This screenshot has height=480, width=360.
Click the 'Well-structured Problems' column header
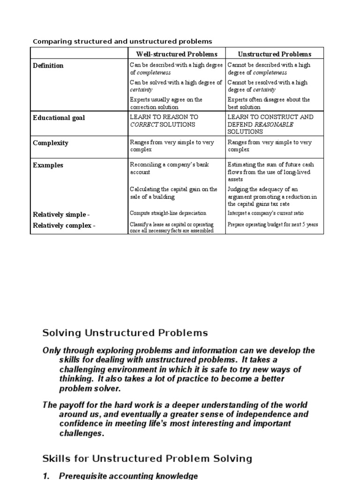coord(177,54)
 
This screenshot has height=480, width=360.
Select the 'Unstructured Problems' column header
coord(274,54)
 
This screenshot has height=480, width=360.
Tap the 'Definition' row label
coord(48,66)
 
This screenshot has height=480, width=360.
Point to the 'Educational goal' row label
coord(59,118)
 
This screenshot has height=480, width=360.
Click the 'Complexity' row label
coord(50,143)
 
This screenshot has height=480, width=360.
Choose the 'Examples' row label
coord(48,165)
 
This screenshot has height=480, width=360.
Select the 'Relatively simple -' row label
coord(61,214)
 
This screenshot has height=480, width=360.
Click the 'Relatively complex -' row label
coord(64,226)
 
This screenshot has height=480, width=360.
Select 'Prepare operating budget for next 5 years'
coord(272,225)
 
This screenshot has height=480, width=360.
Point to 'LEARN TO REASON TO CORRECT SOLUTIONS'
coord(164,120)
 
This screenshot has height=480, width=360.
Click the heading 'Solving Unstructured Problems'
coord(125,333)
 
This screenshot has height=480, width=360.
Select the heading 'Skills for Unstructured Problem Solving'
coord(147,458)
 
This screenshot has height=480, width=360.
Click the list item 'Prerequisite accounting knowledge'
coord(128,476)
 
